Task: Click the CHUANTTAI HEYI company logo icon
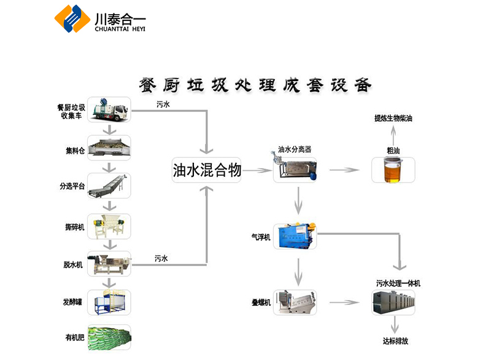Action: (72, 18)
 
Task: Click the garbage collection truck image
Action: (109, 110)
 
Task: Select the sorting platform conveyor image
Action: (109, 187)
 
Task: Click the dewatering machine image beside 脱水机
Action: (109, 264)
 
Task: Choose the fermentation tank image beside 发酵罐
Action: (109, 303)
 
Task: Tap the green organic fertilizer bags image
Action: (109, 337)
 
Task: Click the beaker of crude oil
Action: (393, 170)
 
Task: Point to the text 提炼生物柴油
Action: (393, 118)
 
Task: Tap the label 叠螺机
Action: (261, 303)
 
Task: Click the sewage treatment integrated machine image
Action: (393, 303)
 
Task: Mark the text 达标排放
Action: (395, 340)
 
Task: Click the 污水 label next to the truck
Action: (163, 104)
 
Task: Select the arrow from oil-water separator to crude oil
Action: (344, 170)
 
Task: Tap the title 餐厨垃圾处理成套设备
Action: (255, 84)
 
